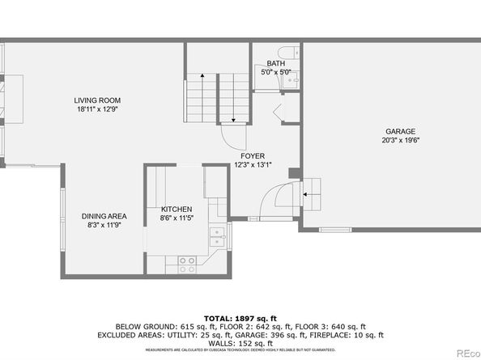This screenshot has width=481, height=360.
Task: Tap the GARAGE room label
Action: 399,131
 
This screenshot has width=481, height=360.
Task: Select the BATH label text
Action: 276,63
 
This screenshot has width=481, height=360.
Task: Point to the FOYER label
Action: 253,155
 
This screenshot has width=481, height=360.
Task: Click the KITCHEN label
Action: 176,209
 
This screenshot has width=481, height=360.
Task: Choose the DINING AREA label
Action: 104,216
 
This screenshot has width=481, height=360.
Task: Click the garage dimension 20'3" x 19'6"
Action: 399,140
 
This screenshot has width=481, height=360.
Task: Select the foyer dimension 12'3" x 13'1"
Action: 253,164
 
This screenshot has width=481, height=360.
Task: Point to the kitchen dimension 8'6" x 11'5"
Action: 176,218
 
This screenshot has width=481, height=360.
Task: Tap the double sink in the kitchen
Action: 215,236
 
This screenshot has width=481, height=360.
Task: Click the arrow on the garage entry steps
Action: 307,194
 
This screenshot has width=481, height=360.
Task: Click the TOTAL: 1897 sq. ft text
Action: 240,319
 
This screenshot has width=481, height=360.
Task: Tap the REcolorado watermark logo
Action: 466,352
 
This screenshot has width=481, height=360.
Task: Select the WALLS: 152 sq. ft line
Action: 240,342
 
